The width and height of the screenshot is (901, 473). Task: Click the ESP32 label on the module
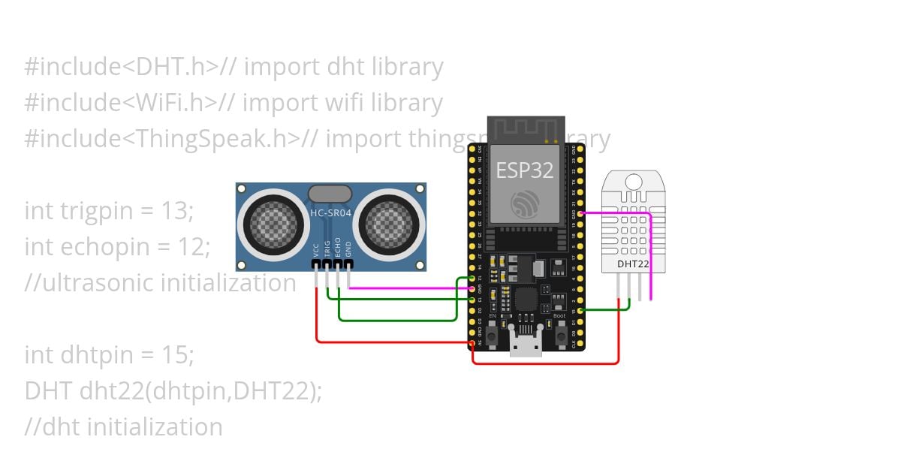point(525,170)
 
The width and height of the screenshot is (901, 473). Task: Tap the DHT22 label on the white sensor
point(632,264)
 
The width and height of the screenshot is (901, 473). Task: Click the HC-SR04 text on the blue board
point(331,214)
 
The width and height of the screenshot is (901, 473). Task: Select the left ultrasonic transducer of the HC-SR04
point(268,224)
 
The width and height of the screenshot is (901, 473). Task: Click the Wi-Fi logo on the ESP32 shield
point(525,203)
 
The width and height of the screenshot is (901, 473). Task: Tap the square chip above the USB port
point(525,300)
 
